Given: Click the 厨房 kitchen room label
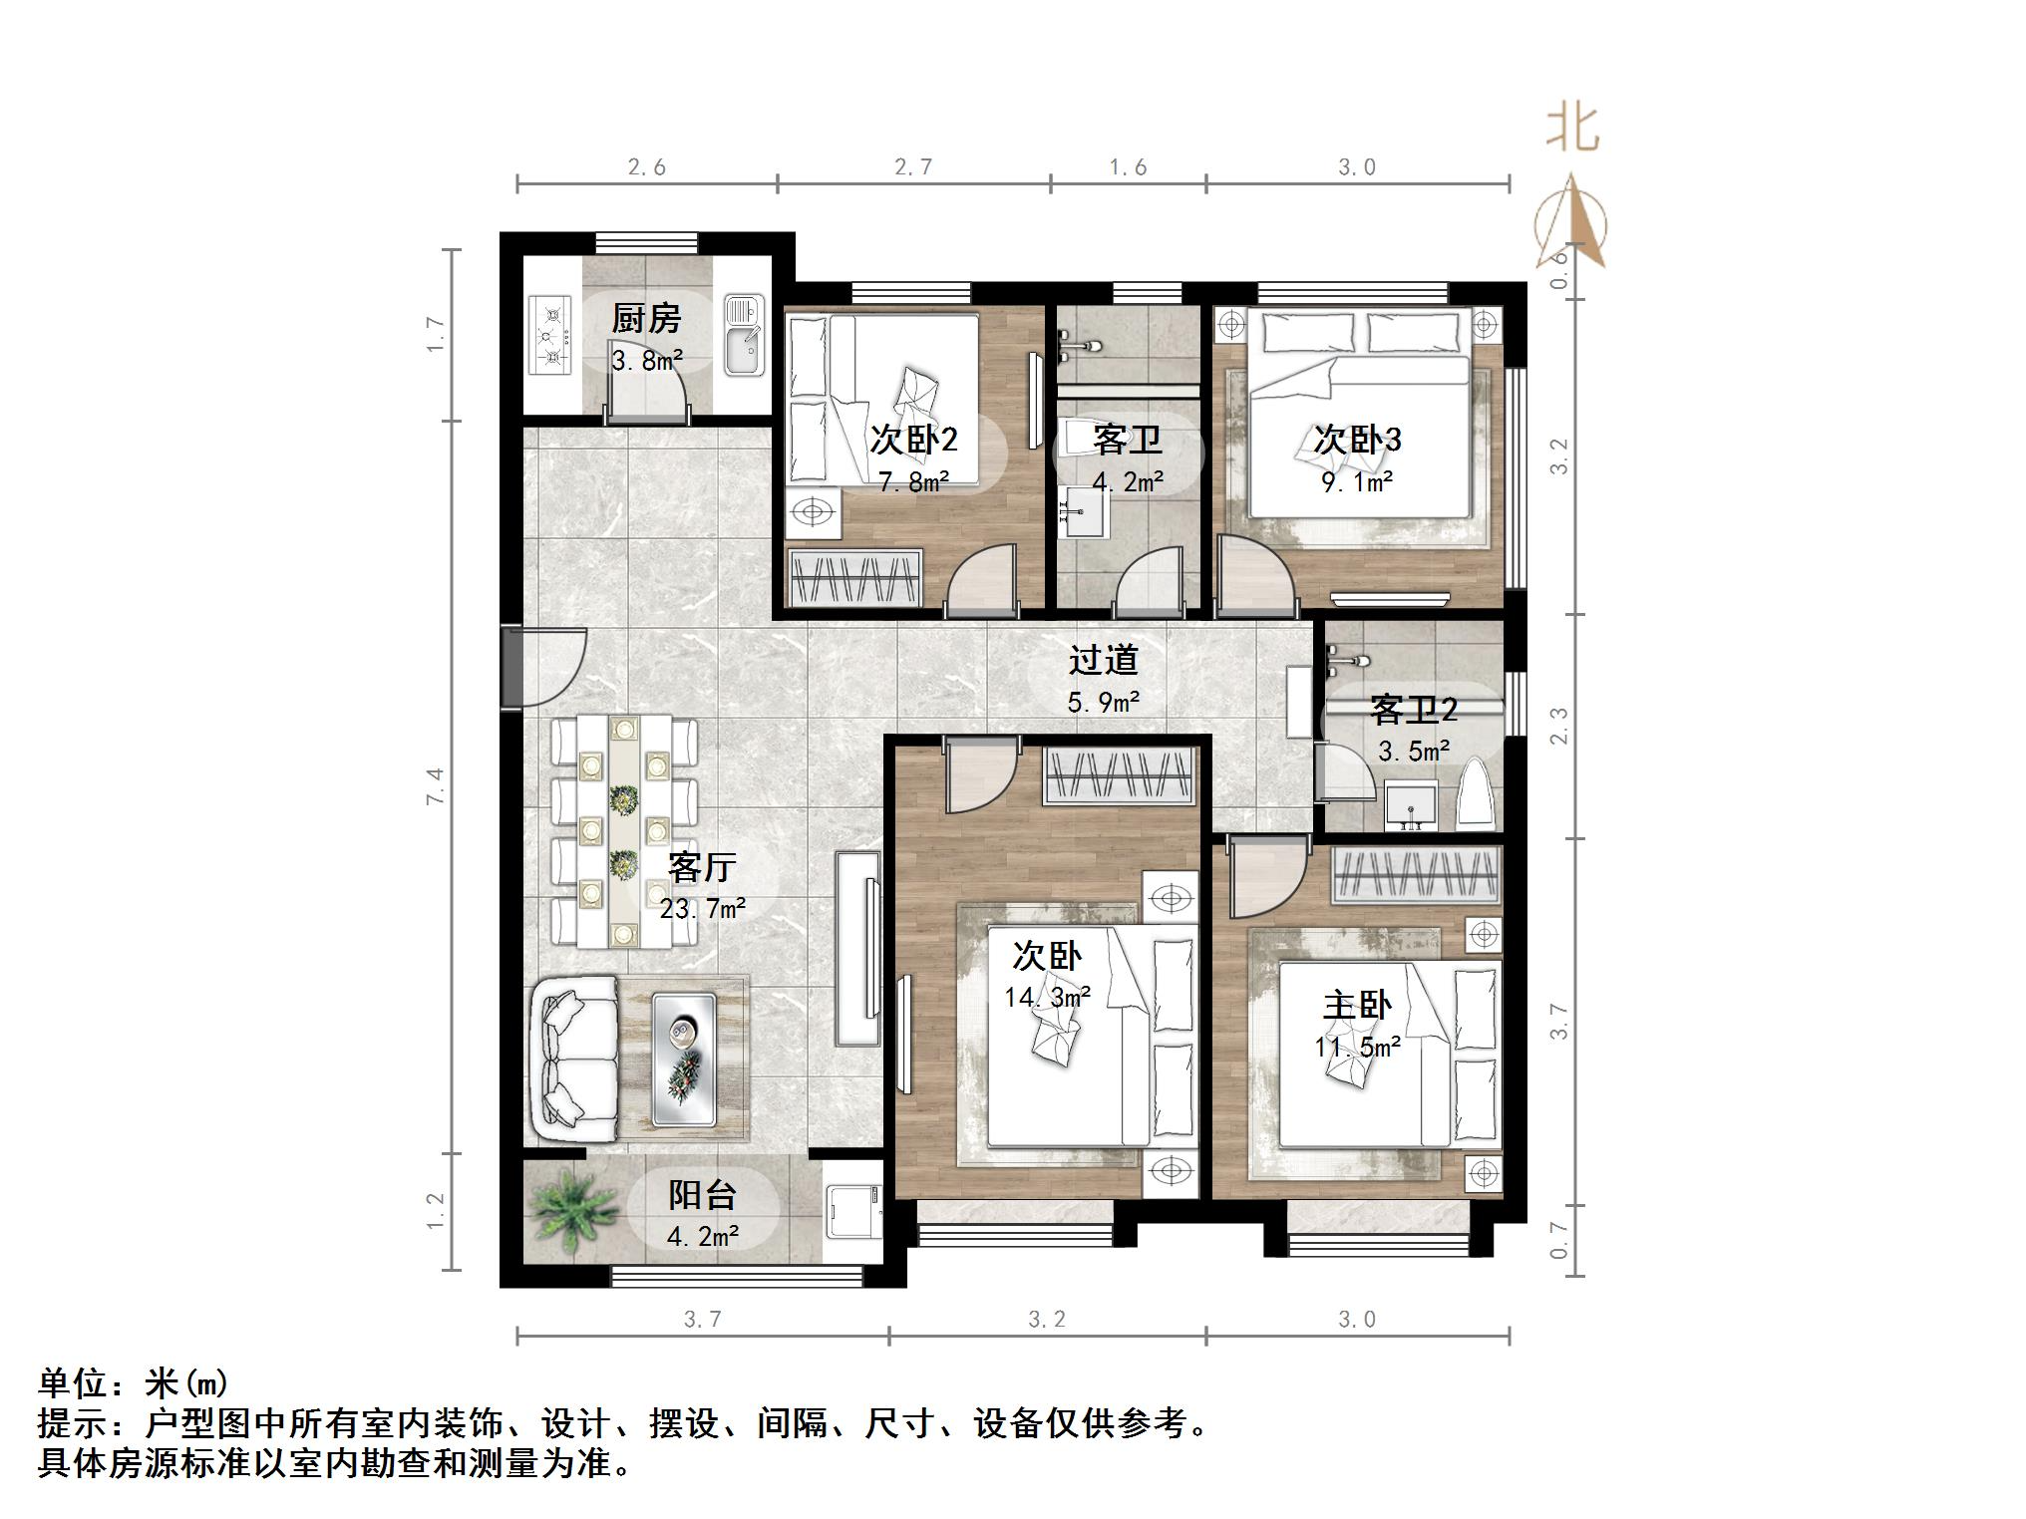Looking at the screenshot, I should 646,319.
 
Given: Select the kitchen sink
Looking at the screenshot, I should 743,335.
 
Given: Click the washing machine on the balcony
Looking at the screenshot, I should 853,1212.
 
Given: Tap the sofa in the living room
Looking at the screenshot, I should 573,1059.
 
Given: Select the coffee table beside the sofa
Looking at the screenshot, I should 684,1059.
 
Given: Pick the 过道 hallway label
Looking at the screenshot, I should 1103,660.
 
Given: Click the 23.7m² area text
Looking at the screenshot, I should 702,909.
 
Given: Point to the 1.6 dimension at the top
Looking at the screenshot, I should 1128,167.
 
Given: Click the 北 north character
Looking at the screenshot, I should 1572,130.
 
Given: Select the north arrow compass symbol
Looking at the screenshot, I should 1571,224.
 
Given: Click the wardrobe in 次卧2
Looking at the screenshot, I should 853,578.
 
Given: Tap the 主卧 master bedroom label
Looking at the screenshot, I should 1356,1005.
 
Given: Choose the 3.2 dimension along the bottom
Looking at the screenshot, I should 1047,1320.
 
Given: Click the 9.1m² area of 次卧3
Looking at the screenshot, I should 1356,482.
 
